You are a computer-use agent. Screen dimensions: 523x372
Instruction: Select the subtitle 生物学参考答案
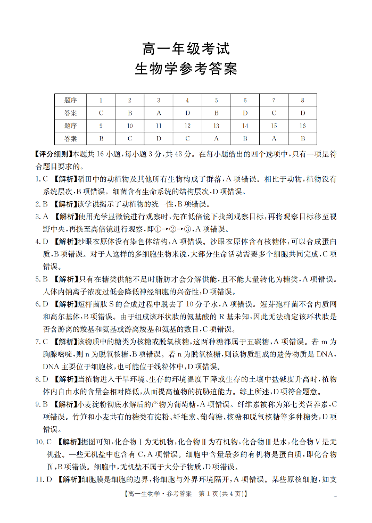pyautogui.click(x=186, y=70)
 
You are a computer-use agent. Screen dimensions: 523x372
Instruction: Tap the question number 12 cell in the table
pyautogui.click(x=187, y=126)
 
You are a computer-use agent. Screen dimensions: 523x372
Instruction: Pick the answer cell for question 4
pyautogui.click(x=187, y=113)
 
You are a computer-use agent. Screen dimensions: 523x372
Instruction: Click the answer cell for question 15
pyautogui.click(x=274, y=139)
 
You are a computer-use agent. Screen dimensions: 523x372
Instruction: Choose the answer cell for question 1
pyautogui.click(x=101, y=113)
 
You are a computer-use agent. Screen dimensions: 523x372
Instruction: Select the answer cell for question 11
pyautogui.click(x=159, y=139)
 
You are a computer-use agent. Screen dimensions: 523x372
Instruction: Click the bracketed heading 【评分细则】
pyautogui.click(x=52, y=154)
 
